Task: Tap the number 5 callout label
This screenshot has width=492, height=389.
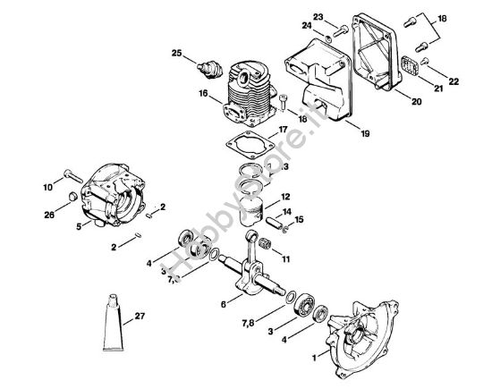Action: coord(80,227)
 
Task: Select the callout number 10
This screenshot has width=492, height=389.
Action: coord(47,187)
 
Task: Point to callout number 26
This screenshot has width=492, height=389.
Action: coord(48,216)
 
